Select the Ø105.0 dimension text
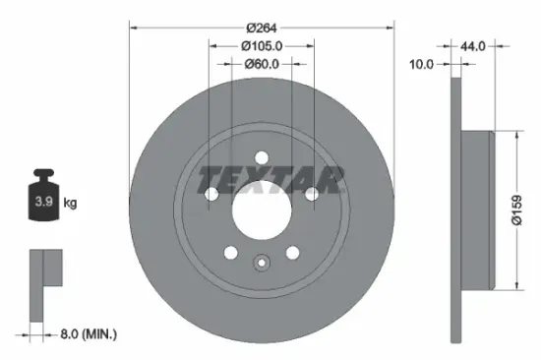tap(262, 44)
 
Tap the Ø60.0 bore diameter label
tap(262, 64)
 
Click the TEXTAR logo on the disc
tap(272, 179)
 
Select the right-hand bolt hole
tap(310, 195)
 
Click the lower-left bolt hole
tap(231, 251)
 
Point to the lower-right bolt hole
tap(291, 251)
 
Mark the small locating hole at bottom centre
tap(262, 263)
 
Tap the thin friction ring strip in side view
tap(455, 210)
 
